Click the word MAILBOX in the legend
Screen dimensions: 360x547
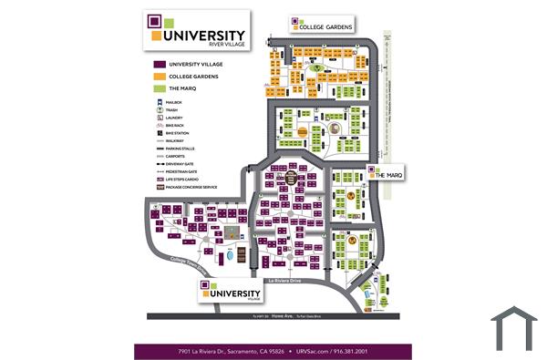[x=174, y=103]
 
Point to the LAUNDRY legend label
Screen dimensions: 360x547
[x=174, y=118]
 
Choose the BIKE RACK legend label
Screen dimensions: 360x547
[x=176, y=126]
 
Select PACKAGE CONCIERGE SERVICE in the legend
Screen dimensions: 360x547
[x=191, y=187]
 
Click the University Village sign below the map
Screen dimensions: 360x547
[x=232, y=293]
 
